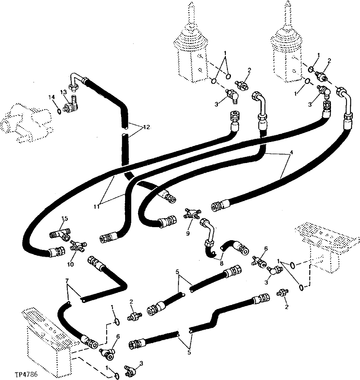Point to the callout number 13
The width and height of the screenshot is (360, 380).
[x=63, y=93]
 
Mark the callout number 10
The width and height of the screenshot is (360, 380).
[x=70, y=264]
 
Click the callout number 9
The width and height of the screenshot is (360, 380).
[x=188, y=233]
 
